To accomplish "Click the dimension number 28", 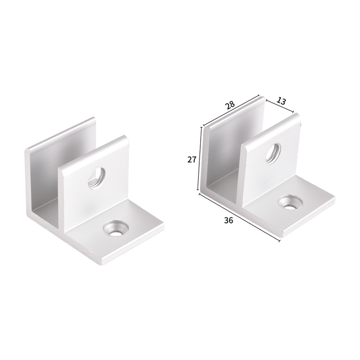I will tap(229, 105).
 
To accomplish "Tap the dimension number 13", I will tap(281, 101).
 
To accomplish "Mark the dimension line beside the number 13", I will tap(279, 106).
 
